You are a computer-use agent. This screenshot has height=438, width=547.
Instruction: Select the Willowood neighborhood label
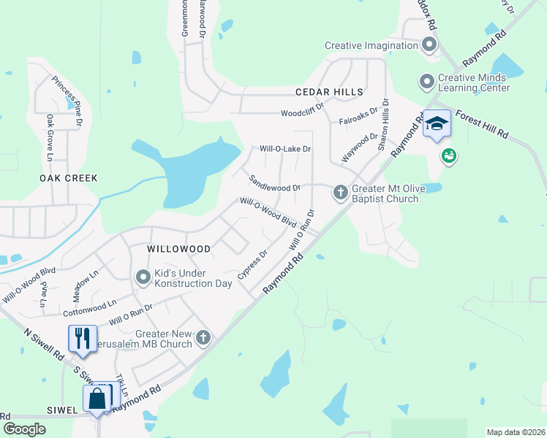178,249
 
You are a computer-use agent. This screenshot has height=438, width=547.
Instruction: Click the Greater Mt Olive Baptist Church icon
340,193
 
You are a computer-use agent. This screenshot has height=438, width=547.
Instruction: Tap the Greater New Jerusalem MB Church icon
203,338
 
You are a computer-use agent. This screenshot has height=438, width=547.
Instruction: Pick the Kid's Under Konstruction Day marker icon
143,277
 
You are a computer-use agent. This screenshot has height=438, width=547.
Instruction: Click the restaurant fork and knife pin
82,338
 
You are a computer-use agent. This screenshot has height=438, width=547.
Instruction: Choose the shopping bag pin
97,399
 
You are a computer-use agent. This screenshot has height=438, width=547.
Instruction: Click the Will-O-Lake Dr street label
286,149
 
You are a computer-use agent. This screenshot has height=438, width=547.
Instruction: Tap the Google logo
25,429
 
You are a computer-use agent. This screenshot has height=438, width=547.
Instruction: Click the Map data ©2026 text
515,431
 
